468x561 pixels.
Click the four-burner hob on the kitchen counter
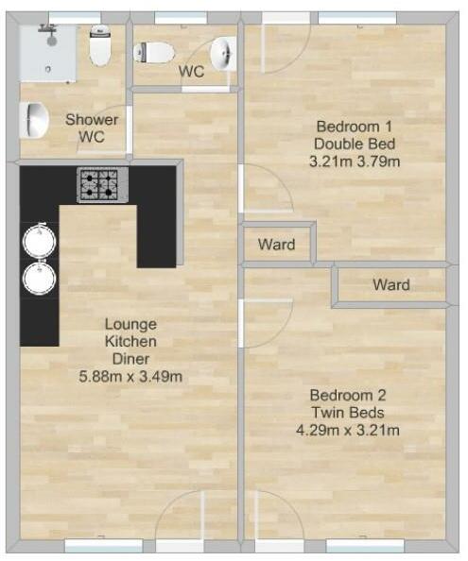101,184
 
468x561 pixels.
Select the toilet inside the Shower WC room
100,45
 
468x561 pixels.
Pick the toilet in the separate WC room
154,52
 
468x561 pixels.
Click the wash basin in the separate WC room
224,53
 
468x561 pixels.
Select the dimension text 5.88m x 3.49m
130,377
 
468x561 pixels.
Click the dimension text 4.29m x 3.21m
347,431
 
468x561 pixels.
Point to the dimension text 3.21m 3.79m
355,161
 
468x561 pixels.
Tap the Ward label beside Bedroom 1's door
276,246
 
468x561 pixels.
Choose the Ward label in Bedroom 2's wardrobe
390,284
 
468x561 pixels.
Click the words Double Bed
355,144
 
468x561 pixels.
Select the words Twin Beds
348,413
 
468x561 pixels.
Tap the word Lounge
130,324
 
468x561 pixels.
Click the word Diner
130,359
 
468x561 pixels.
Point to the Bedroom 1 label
355,127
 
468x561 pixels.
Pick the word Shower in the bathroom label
92,120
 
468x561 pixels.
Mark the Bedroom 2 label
348,396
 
